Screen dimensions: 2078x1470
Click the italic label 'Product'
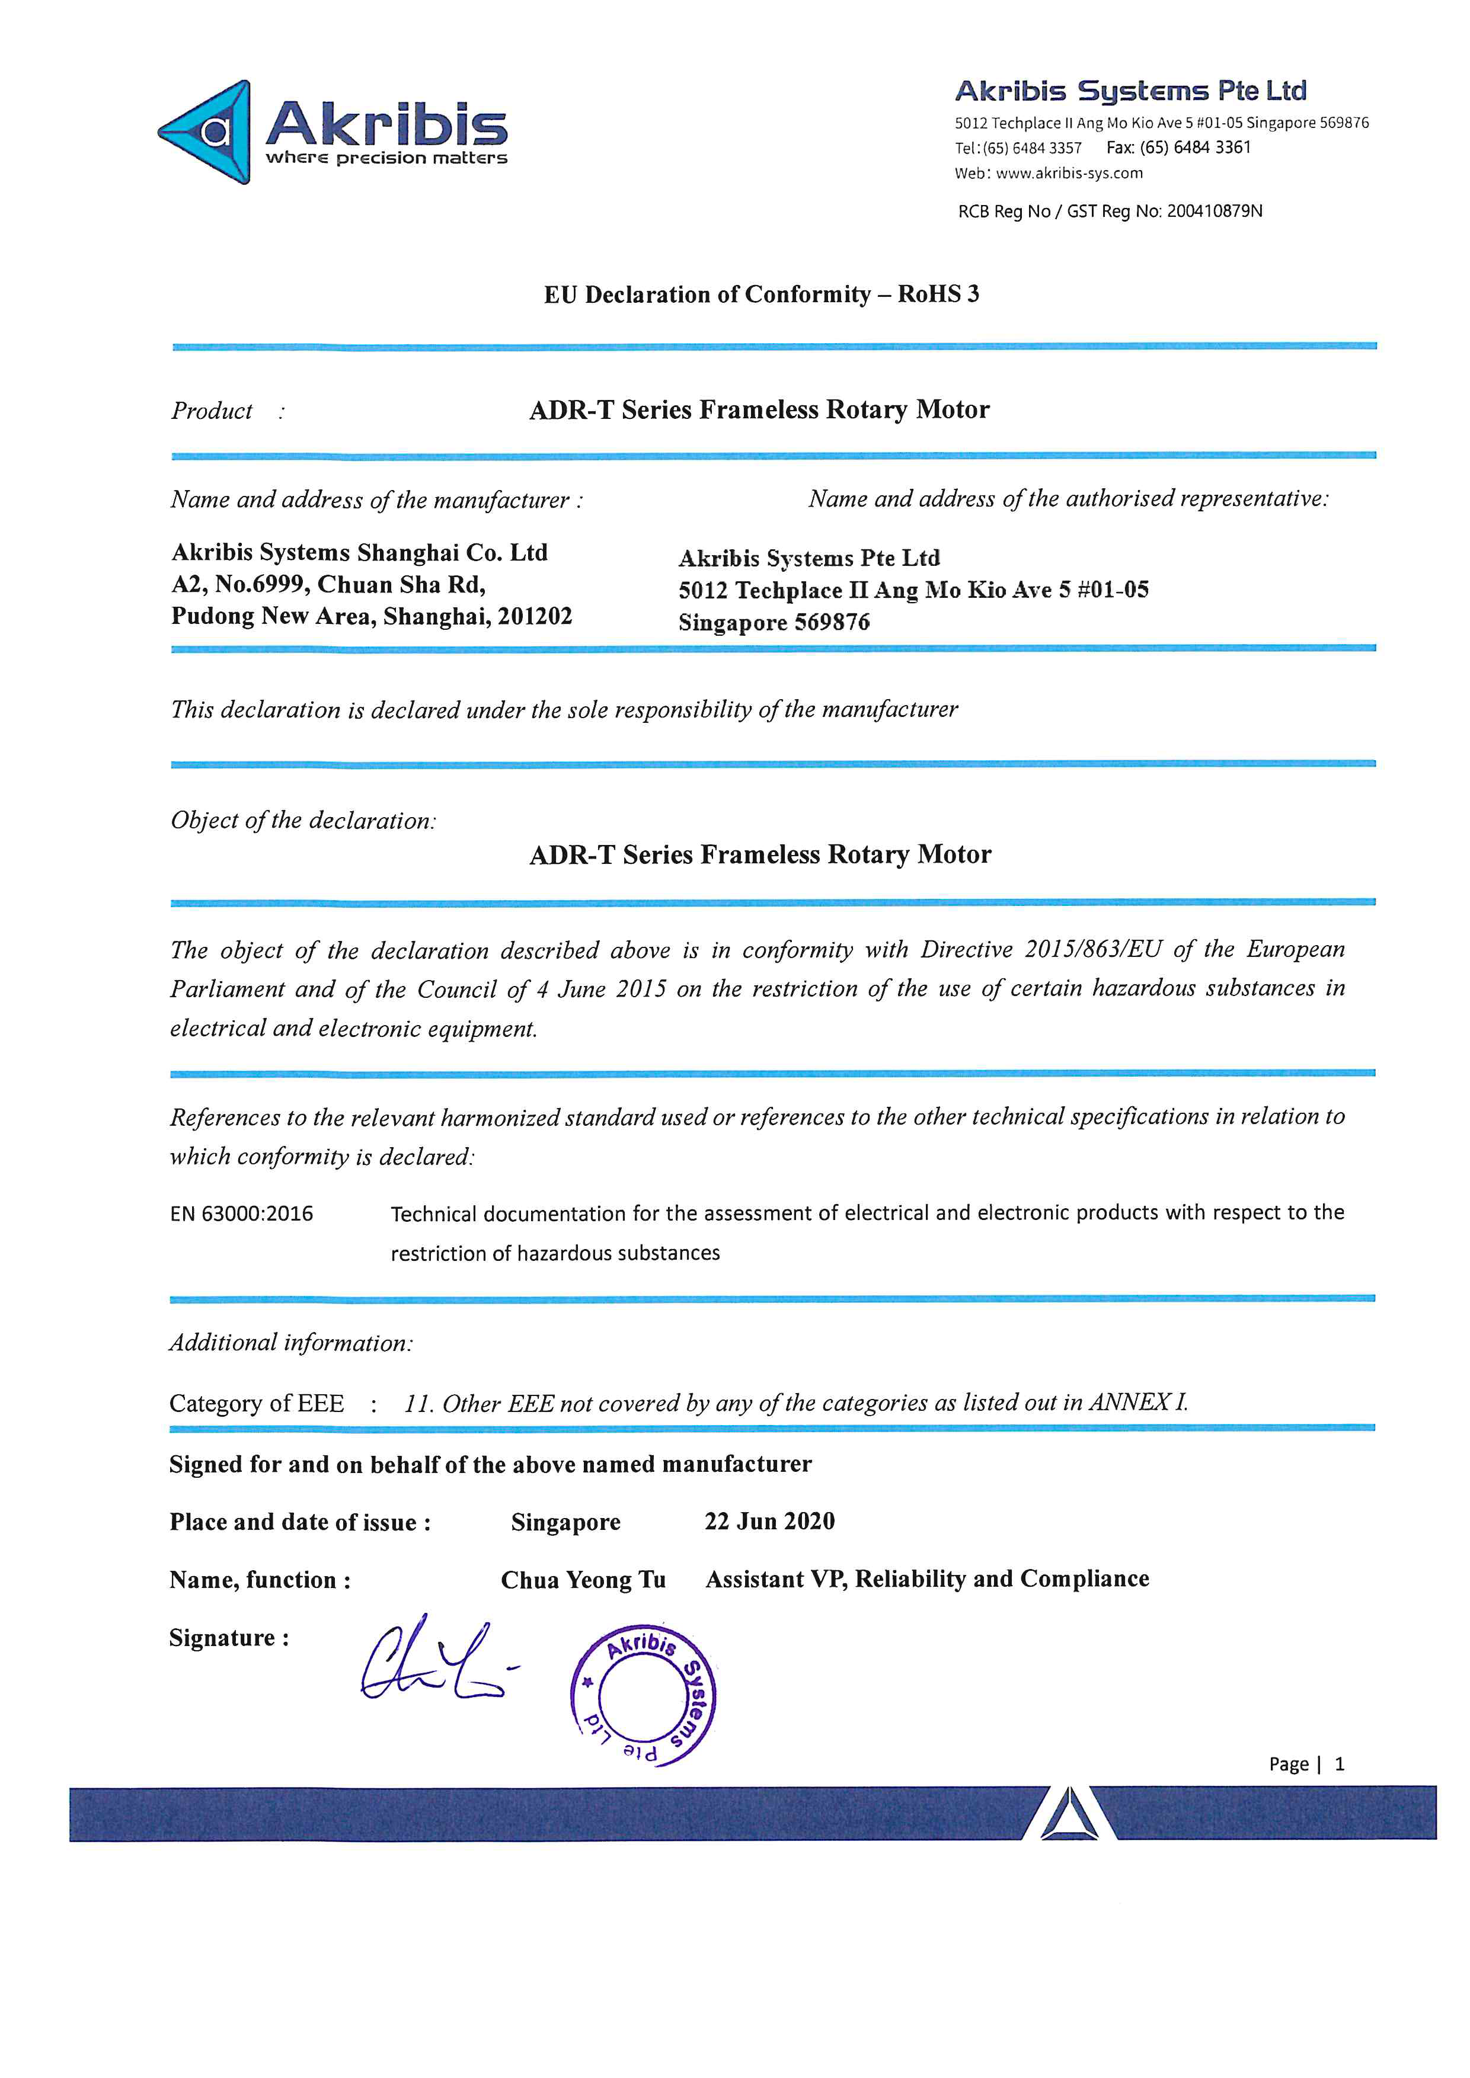point(212,411)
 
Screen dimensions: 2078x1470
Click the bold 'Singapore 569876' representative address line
point(774,623)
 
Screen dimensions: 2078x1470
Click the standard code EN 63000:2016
point(242,1213)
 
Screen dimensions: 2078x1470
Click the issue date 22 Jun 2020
point(769,1522)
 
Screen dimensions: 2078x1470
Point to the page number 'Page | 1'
point(1306,1764)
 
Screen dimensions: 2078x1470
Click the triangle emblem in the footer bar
point(1069,1815)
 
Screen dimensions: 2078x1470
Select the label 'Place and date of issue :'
point(299,1522)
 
